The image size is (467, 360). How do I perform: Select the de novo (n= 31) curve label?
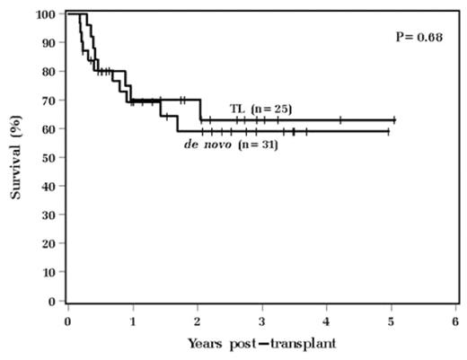click(x=230, y=144)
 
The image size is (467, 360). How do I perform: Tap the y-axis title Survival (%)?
click(x=16, y=158)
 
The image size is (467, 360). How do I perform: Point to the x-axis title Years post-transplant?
click(x=262, y=343)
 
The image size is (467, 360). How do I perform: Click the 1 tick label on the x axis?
click(x=133, y=320)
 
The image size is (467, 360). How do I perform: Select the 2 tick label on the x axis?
click(x=198, y=320)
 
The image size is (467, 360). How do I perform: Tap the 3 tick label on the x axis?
click(x=262, y=320)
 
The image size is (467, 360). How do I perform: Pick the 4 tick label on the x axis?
click(x=327, y=320)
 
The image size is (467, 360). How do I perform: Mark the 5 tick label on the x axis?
click(x=391, y=320)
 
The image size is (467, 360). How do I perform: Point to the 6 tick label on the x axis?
click(x=455, y=320)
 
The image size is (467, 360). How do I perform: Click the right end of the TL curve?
click(x=394, y=119)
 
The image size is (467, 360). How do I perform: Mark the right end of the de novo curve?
click(x=388, y=131)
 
